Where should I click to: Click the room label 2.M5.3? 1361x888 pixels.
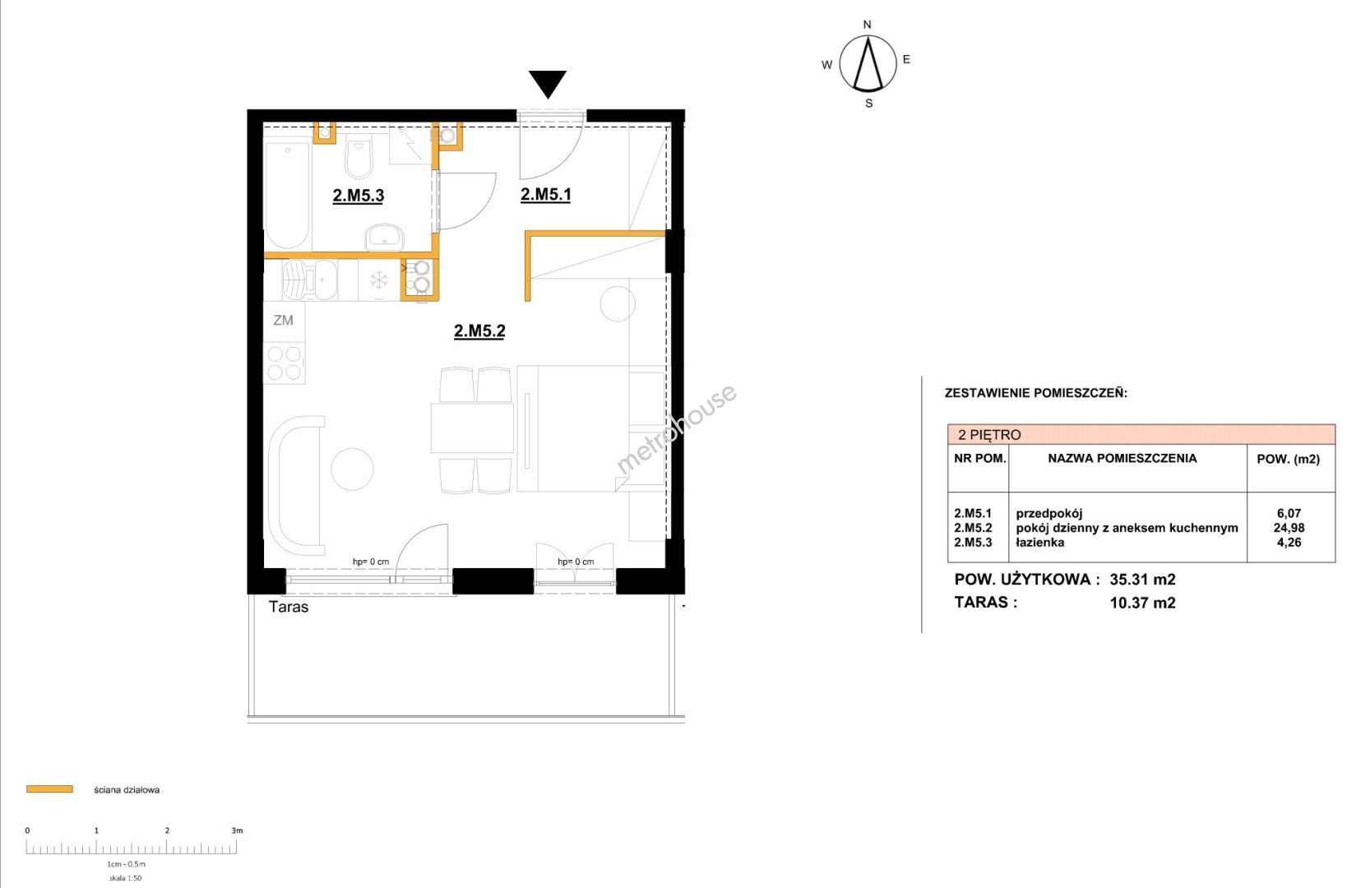tap(358, 196)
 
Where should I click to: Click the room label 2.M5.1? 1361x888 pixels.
tap(545, 194)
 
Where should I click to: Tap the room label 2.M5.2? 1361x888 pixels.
tap(479, 331)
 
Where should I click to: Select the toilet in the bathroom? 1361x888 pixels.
tap(358, 155)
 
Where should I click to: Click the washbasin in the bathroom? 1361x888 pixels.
tap(384, 236)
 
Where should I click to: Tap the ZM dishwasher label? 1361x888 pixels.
tap(283, 320)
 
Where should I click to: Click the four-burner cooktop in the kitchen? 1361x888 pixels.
tap(285, 363)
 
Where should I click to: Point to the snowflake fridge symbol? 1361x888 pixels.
tap(379, 280)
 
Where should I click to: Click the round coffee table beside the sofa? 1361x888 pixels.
tap(352, 469)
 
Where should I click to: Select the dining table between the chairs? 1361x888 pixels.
tap(472, 428)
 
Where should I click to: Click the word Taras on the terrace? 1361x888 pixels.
tap(289, 607)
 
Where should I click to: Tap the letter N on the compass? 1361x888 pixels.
tap(867, 25)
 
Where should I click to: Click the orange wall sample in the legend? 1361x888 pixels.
tap(49, 789)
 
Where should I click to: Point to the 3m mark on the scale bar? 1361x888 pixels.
tap(237, 830)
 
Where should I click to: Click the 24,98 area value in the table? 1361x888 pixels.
tap(1289, 528)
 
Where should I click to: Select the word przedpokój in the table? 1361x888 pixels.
tap(1049, 514)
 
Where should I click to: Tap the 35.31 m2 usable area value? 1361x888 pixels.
tap(1142, 580)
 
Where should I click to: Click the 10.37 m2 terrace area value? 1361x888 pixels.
tap(1142, 603)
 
